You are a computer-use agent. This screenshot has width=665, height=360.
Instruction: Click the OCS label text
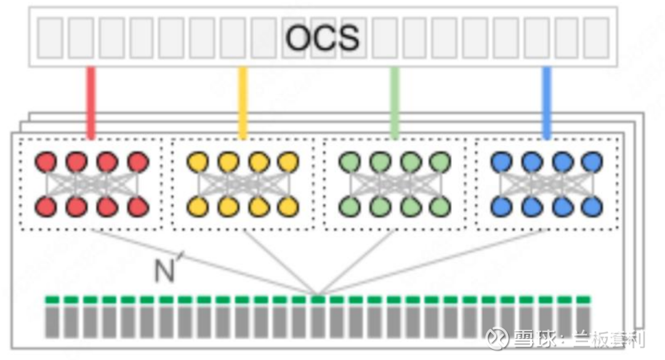(323, 38)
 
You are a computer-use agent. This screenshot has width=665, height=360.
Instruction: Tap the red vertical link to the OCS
(91, 102)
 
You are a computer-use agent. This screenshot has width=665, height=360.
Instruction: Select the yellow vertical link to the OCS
(243, 102)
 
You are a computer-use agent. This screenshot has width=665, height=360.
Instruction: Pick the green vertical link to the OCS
(395, 102)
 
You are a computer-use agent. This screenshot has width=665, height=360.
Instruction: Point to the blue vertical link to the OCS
(546, 102)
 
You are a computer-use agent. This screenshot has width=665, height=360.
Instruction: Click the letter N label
(164, 271)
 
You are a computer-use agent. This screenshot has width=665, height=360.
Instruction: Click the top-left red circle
(46, 162)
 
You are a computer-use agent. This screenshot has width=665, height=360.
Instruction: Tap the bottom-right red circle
(139, 207)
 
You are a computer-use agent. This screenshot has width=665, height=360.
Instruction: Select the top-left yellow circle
(198, 162)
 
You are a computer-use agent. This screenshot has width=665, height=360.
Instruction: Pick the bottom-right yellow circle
(288, 207)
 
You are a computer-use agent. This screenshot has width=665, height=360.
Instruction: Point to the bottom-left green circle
(350, 207)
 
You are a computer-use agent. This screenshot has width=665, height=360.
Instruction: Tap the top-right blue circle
(592, 162)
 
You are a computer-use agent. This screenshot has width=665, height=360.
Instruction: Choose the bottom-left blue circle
(501, 207)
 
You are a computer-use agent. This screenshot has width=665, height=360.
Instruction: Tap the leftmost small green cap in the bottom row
(52, 300)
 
